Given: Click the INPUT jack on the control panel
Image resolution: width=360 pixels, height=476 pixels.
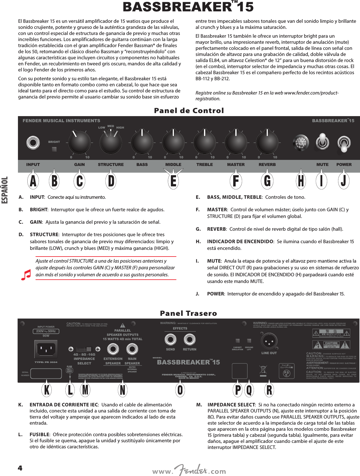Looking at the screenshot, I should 33,143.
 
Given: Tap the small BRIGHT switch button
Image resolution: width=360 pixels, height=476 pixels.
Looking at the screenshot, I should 54,149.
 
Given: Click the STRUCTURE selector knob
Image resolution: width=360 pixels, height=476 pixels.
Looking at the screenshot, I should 111,142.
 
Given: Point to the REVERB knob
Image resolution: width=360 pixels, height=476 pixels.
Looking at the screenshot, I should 267,142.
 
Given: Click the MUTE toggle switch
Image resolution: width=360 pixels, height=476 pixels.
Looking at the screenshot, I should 322,142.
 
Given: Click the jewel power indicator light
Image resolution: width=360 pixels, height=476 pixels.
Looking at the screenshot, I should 301,142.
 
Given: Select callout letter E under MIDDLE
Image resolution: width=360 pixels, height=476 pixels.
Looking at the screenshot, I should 173,181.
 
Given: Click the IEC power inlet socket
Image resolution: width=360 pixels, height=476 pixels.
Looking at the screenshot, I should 46,349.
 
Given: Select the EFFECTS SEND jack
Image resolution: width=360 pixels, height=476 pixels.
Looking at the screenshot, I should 170,340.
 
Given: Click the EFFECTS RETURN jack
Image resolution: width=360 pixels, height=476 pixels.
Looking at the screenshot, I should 189,340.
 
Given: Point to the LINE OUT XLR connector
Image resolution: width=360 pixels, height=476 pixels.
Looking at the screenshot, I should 269,342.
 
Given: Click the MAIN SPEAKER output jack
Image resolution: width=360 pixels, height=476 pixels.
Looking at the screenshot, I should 132,349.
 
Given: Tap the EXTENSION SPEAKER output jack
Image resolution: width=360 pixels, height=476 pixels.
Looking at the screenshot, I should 113,349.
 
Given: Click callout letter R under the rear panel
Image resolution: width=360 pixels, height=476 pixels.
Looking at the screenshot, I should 269,390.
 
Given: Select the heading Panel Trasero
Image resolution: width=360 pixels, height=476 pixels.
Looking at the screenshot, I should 189,313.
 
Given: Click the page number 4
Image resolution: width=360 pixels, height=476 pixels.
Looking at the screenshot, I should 20,468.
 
